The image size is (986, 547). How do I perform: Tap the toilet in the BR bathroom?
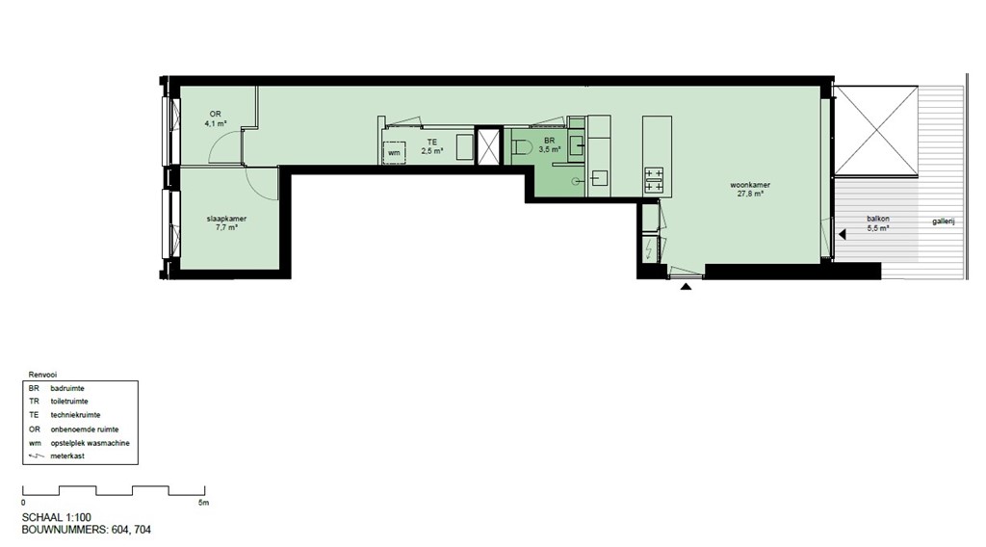pyautogui.click(x=524, y=147)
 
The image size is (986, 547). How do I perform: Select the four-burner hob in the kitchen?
pyautogui.click(x=654, y=180)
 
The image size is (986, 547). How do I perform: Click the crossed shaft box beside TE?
pyautogui.click(x=489, y=146)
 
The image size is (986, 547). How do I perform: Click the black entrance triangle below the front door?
pyautogui.click(x=686, y=286)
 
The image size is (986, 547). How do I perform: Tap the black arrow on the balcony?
pyautogui.click(x=842, y=234)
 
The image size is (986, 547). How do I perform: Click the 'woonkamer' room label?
pyautogui.click(x=749, y=185)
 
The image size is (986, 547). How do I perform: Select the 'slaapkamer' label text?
pyautogui.click(x=226, y=219)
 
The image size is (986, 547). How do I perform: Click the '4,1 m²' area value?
pyautogui.click(x=215, y=123)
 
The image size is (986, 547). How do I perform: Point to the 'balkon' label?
pyautogui.click(x=876, y=220)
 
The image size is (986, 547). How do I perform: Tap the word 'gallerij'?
pyautogui.click(x=943, y=221)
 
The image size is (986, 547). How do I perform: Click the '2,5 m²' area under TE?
pyautogui.click(x=431, y=151)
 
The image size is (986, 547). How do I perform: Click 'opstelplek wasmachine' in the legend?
pyautogui.click(x=90, y=443)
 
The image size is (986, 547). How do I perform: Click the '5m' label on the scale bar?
pyautogui.click(x=203, y=503)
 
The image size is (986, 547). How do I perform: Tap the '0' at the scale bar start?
pyautogui.click(x=23, y=503)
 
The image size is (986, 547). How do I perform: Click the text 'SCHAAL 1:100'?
pyautogui.click(x=58, y=517)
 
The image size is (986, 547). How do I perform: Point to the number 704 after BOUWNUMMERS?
pyautogui.click(x=140, y=530)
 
